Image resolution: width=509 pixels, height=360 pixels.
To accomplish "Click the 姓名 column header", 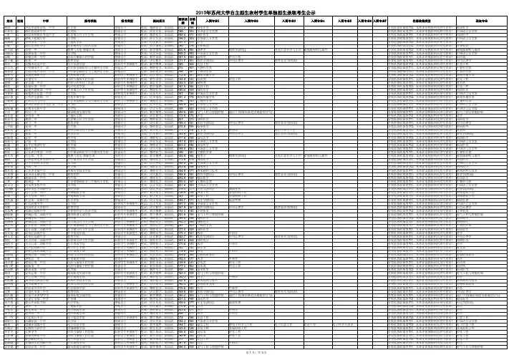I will (9, 21).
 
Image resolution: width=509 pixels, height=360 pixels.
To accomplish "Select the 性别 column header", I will (20, 21).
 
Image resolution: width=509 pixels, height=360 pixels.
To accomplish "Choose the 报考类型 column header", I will (126, 21).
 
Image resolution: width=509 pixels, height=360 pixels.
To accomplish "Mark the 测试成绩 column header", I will (181, 21).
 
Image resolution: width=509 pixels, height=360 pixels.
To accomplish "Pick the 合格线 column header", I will (193, 21).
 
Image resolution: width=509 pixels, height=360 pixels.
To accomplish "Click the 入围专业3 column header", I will (289, 21).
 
